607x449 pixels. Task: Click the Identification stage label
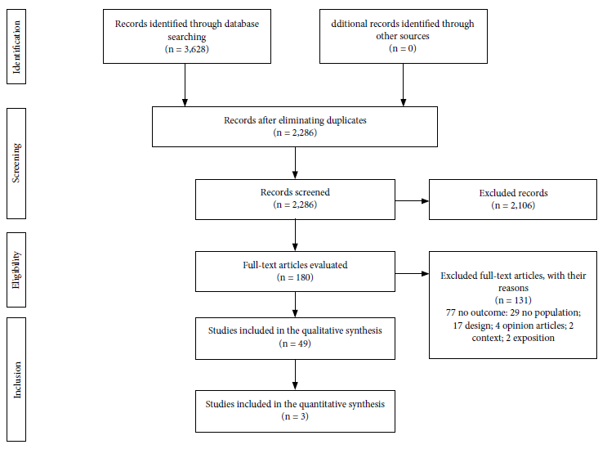pos(16,47)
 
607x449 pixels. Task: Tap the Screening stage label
pos(16,163)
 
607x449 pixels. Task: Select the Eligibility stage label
pos(16,270)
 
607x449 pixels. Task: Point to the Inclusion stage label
pos(17,379)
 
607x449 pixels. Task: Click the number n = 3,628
pos(186,49)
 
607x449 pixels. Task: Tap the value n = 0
pos(403,48)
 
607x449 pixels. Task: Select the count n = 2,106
pos(513,205)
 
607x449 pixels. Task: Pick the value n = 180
pos(295,277)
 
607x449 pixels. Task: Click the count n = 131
pos(513,300)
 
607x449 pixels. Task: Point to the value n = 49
pos(295,343)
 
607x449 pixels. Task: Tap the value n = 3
pos(295,416)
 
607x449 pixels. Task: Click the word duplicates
pos(346,120)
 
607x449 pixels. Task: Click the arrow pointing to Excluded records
pos(412,201)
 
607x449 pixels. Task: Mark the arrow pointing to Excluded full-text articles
pos(412,273)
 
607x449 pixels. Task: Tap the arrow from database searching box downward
pos(185,85)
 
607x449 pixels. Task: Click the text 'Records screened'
pos(295,192)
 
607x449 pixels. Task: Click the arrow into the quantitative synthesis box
pos(295,375)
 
